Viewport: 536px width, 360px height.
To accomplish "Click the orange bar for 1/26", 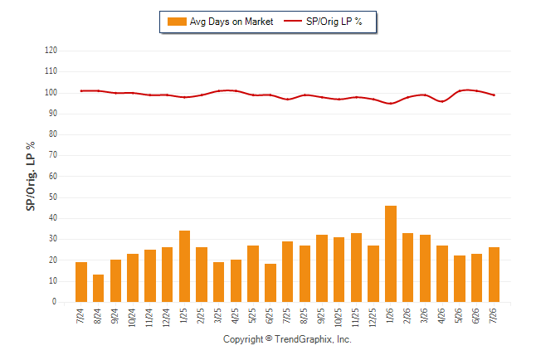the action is [391, 254].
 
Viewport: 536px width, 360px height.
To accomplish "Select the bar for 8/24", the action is [99, 288].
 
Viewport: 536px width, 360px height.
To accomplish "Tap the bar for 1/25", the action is [184, 266].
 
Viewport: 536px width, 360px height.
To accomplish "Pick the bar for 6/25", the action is [270, 283].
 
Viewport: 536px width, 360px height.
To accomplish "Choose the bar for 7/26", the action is [494, 275].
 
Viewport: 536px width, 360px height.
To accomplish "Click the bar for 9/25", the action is [322, 269].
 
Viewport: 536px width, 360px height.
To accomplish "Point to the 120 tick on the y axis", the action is [51, 51].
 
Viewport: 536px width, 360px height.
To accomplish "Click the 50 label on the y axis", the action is [52, 197].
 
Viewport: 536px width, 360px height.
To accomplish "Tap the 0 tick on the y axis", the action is [54, 302].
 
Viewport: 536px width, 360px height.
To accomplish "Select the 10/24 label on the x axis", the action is [132, 318].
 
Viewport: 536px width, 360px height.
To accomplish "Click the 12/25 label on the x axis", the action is [373, 318].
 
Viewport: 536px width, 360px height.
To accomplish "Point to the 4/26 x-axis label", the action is [441, 316].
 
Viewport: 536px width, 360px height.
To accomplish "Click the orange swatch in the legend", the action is [177, 22].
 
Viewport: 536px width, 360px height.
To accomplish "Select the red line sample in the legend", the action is [293, 21].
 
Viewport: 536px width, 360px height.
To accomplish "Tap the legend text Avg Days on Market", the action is [231, 22].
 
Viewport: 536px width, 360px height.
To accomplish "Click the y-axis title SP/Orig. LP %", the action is [31, 176].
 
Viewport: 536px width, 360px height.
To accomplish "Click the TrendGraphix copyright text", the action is [287, 339].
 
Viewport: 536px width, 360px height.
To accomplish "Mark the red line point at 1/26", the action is [391, 103].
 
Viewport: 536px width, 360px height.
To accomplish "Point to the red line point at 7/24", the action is [81, 91].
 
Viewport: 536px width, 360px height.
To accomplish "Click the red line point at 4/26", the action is [442, 101].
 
